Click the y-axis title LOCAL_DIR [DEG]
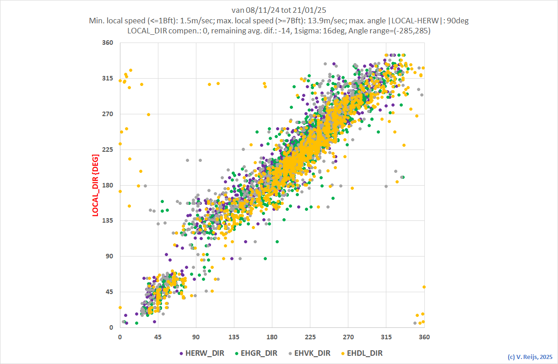(96, 185)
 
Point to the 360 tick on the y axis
(108, 43)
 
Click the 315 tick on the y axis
(108, 79)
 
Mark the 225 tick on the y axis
(108, 150)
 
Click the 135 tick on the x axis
(234, 337)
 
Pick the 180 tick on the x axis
(272, 337)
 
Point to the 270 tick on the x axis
(348, 337)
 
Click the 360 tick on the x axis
(424, 337)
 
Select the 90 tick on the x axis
(196, 337)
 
